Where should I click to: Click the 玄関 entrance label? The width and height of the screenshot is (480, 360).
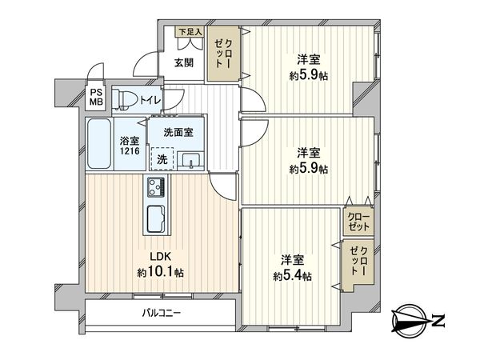pyautogui.click(x=184, y=63)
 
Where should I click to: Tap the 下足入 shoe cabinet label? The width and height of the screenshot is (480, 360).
pyautogui.click(x=190, y=32)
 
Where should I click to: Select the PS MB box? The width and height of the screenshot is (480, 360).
pyautogui.click(x=96, y=97)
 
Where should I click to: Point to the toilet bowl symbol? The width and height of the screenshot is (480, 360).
pyautogui.click(x=124, y=99)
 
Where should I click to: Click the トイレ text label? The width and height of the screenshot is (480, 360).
pyautogui.click(x=150, y=100)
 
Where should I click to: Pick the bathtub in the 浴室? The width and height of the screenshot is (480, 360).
pyautogui.click(x=100, y=144)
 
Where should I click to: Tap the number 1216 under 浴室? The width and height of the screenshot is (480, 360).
pyautogui.click(x=130, y=150)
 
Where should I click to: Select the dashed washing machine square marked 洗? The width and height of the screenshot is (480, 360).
pyautogui.click(x=162, y=158)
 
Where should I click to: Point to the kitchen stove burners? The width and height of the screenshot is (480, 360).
pyautogui.click(x=154, y=188)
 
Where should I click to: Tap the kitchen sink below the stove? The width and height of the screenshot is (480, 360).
pyautogui.click(x=154, y=217)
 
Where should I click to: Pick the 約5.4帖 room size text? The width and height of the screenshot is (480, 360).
pyautogui.click(x=292, y=276)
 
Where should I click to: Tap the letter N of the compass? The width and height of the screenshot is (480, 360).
pyautogui.click(x=438, y=322)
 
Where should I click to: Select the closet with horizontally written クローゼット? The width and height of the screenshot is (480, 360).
pyautogui.click(x=358, y=222)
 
